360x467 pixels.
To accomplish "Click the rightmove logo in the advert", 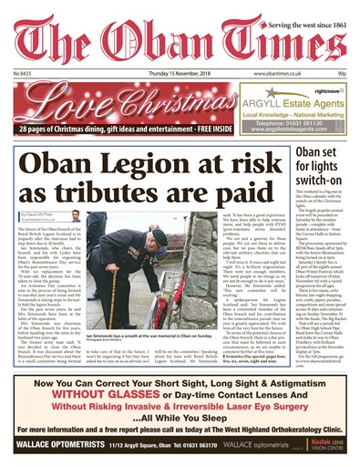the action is point(336,90).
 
